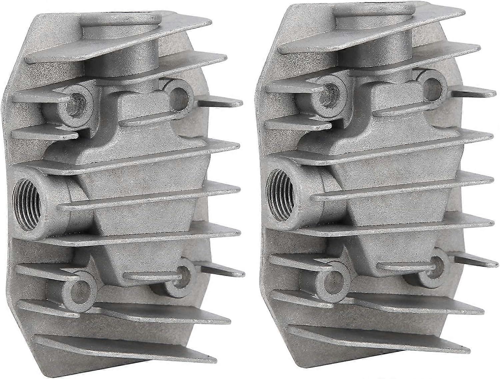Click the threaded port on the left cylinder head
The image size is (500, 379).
pyautogui.click(x=28, y=201)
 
